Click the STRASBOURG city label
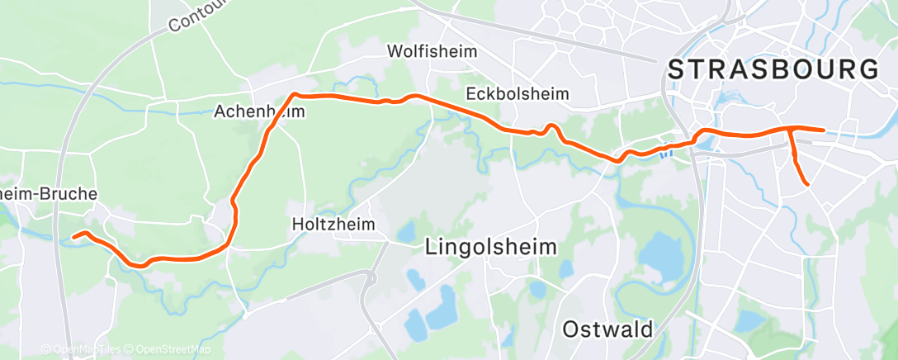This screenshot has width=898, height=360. [x=773, y=70]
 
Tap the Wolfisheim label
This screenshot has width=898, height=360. [x=432, y=51]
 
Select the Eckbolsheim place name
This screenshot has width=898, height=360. [x=518, y=93]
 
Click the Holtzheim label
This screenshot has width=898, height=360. [x=333, y=224]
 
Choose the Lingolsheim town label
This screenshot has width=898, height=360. [x=490, y=246]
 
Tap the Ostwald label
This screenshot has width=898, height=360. [x=607, y=329]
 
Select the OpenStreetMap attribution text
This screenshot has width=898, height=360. [x=173, y=350]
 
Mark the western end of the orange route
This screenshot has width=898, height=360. [x=73, y=237]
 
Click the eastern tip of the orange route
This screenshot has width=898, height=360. [x=824, y=130]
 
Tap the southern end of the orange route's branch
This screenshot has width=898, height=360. [x=806, y=183]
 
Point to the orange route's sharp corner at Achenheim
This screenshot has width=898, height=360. [x=293, y=96]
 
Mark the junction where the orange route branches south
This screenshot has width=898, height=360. [x=792, y=130]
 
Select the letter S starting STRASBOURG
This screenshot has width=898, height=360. [x=677, y=70]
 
